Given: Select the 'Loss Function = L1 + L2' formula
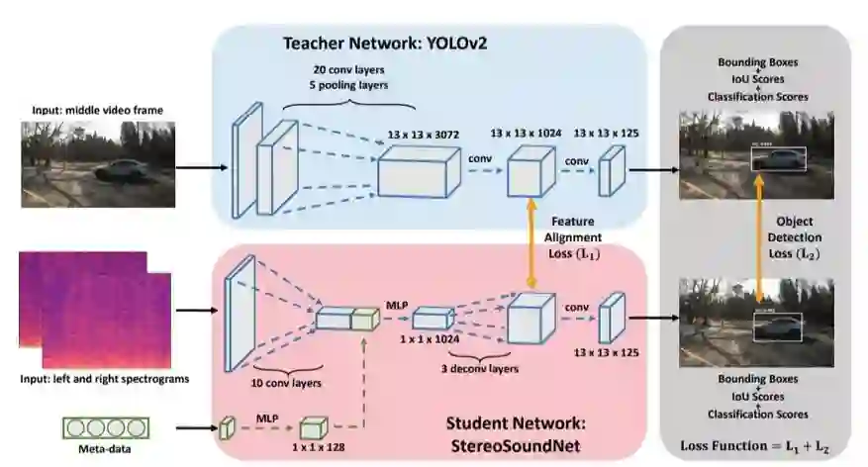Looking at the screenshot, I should click(x=755, y=446).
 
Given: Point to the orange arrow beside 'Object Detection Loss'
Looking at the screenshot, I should click(x=762, y=237).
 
